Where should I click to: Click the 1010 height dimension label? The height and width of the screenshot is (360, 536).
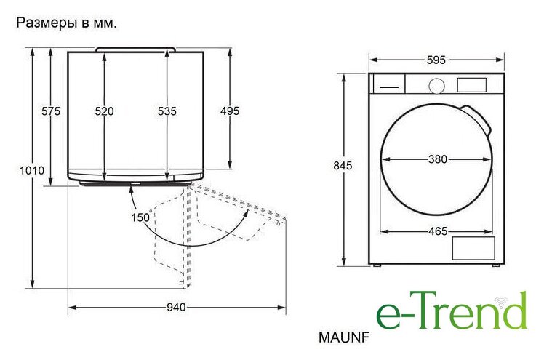(32, 170)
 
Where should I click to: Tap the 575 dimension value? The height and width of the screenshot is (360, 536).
(51, 111)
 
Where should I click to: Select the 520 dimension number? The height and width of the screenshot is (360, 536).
(104, 111)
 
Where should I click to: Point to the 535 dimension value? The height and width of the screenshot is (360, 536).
(167, 111)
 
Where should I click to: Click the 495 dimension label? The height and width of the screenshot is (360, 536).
(230, 111)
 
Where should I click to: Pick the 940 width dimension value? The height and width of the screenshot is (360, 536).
(177, 308)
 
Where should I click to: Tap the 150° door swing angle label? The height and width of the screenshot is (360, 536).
(141, 217)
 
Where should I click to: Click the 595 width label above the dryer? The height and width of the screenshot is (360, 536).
(436, 60)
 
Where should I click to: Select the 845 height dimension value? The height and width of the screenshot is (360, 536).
(343, 166)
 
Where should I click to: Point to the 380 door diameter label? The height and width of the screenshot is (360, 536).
(438, 159)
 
